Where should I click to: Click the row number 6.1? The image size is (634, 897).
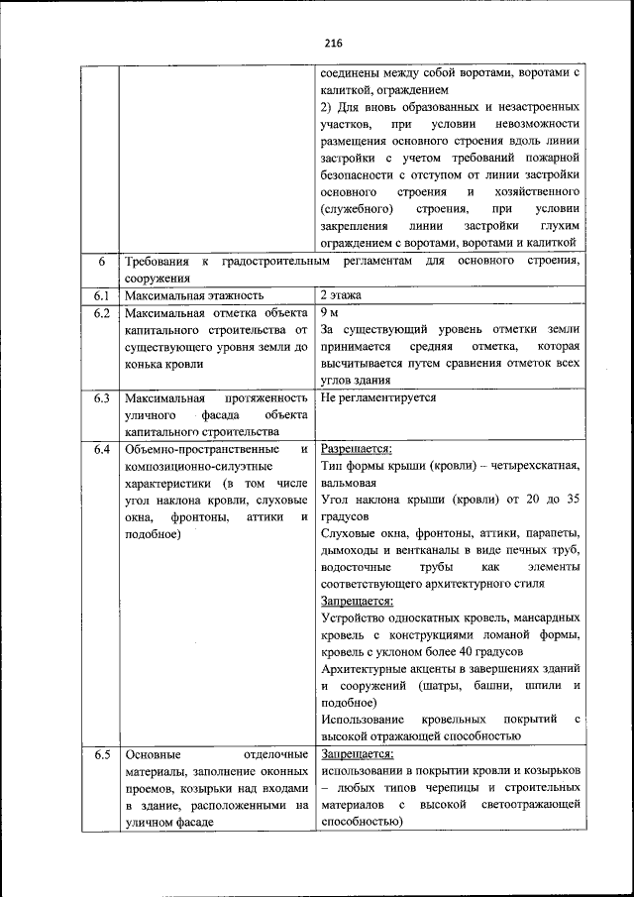(100, 295)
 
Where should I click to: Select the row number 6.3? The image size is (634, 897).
(100, 398)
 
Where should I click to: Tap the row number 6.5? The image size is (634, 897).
(100, 755)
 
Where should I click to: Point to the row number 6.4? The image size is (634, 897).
(100, 450)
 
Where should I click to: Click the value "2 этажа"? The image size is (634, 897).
(342, 295)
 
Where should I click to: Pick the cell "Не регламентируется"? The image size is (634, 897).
(378, 398)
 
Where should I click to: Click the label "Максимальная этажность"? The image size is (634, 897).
(193, 295)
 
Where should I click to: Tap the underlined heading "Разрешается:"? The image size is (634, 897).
(357, 449)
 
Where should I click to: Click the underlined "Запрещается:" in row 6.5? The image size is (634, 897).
(357, 754)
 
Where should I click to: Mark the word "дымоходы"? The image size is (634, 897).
(349, 550)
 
